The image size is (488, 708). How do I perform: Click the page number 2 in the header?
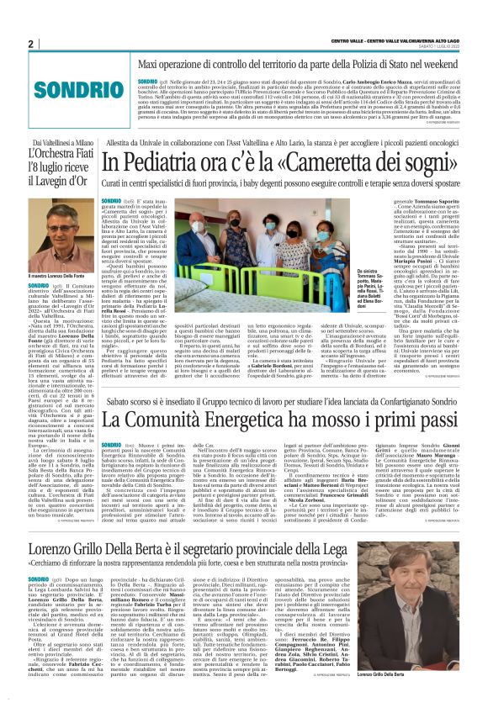point(30,45)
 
